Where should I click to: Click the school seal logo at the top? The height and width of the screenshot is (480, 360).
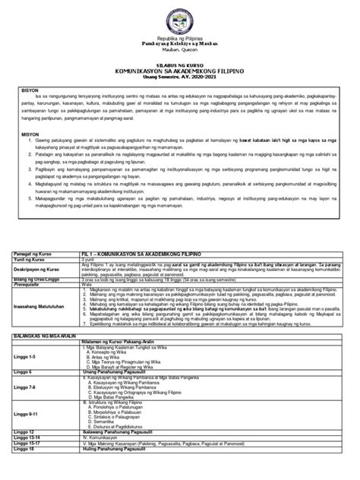(179, 16)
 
